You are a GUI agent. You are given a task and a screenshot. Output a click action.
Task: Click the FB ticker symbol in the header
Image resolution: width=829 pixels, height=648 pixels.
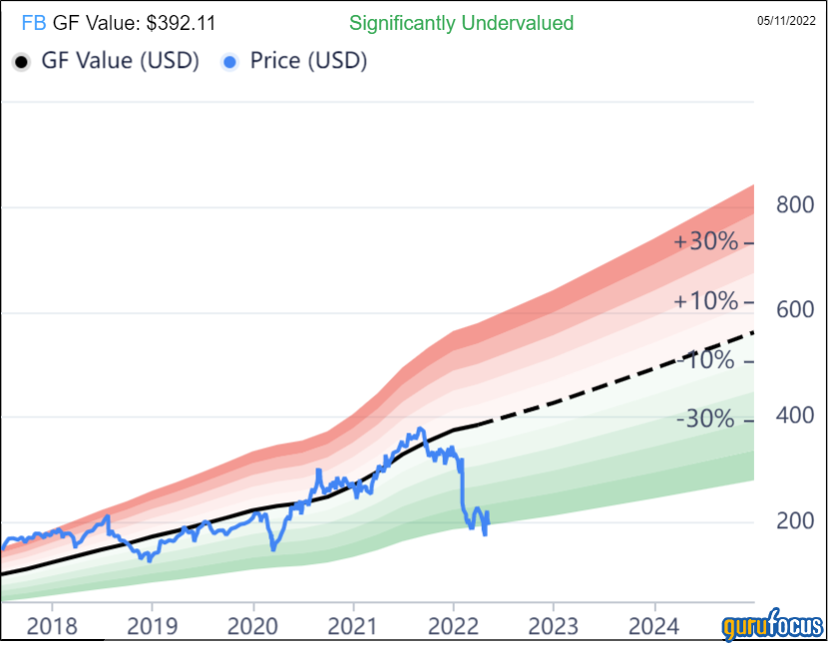point(32,23)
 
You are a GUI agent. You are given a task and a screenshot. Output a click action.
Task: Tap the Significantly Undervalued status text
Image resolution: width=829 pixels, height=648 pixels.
point(462,23)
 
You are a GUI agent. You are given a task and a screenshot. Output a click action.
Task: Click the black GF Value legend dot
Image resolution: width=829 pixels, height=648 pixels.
point(21,62)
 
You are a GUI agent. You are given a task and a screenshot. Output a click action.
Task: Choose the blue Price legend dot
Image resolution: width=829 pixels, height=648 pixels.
point(230,62)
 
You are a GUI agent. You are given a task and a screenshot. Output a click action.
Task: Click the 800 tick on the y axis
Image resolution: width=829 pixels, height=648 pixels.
point(795,205)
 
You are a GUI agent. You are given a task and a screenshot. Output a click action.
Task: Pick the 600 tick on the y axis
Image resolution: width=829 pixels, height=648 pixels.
point(795,311)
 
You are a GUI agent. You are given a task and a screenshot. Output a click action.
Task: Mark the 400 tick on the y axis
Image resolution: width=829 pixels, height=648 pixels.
point(795,416)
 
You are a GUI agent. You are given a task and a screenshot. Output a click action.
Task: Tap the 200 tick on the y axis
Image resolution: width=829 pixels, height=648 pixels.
point(795,521)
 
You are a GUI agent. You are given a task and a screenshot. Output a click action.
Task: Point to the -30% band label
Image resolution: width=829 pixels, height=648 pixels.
point(706,420)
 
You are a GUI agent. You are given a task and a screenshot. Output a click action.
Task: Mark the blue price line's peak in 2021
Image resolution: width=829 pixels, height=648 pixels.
point(420,430)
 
